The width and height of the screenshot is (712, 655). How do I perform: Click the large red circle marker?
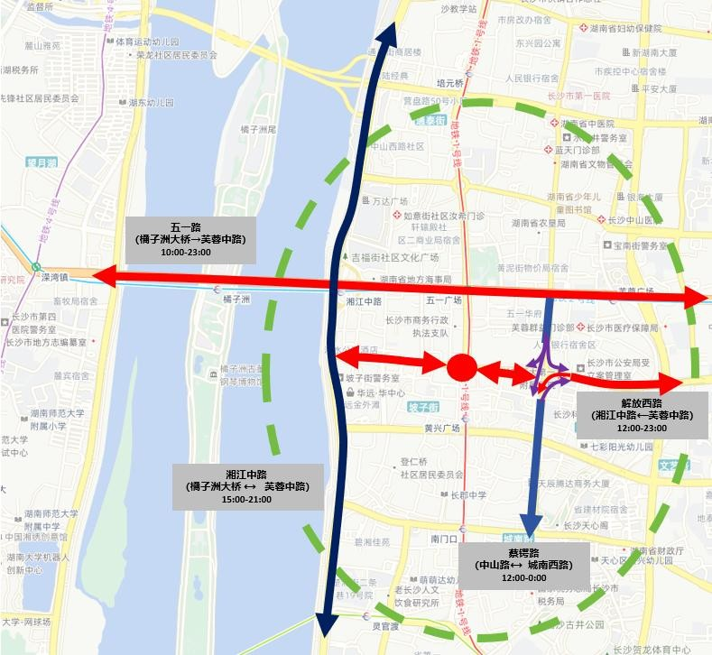point(462,367)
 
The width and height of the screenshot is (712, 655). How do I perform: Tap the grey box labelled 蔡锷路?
point(523,565)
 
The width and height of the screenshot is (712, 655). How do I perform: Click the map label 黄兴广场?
point(443,429)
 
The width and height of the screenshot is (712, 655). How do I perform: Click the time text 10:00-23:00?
point(186,252)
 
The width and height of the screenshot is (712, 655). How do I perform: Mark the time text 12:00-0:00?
point(523,577)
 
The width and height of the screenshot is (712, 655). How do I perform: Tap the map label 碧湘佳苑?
point(372,542)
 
